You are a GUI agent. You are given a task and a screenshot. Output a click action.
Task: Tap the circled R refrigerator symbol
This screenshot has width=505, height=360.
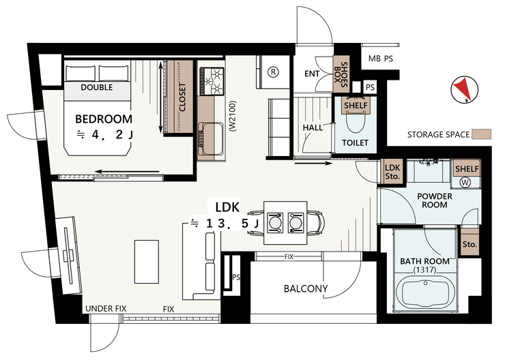tap(274, 72)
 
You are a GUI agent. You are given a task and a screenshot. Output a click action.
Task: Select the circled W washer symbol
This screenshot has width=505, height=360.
tap(465, 183)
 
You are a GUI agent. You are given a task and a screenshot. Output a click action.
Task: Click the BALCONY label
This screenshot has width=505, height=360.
tap(306, 288)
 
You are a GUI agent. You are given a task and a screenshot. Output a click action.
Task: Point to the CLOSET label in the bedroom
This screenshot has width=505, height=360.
tap(182, 97)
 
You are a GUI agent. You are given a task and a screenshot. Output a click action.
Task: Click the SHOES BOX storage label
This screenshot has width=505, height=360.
tap(341, 75)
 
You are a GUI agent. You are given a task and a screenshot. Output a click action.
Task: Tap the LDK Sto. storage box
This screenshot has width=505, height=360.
tap(392, 171)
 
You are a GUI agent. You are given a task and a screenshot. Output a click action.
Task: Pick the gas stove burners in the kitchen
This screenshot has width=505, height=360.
tap(212, 81)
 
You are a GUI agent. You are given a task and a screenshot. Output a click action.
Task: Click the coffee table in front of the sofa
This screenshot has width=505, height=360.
tap(147, 262)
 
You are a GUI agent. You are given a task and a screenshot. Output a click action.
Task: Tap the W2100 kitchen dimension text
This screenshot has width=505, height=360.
tap(233, 116)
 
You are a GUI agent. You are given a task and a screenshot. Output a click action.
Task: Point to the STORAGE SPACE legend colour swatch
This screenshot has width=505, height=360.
tap(482, 134)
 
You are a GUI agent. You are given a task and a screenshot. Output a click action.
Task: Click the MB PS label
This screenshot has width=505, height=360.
tap(381, 59)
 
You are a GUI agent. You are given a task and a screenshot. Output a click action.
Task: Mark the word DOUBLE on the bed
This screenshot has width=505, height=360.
tap(97, 87)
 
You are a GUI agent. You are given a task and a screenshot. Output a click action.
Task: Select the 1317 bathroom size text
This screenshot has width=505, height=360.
tap(424, 270)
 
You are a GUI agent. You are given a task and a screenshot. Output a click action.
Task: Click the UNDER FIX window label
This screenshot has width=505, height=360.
tap(106, 309)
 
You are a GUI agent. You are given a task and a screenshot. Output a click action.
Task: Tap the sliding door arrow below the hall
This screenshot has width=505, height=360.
tap(313, 164)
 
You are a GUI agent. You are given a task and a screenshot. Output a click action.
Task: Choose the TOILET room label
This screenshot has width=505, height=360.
tap(356, 142)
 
